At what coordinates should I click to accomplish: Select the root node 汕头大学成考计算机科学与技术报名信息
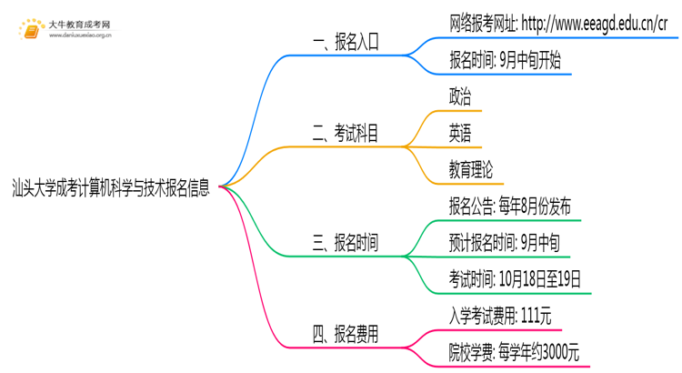tap(111, 189)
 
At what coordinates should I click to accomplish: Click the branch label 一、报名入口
tap(345, 41)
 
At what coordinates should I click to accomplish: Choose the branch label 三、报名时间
tap(345, 243)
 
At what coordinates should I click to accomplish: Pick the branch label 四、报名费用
tap(345, 335)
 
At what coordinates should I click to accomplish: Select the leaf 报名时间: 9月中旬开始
tap(505, 61)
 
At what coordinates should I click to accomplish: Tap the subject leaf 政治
tap(460, 97)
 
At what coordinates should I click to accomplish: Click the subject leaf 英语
tap(460, 134)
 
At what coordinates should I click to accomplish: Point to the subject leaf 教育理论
tap(471, 169)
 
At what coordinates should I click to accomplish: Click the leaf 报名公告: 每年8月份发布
tap(509, 207)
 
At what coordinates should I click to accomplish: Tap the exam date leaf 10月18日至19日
tap(514, 278)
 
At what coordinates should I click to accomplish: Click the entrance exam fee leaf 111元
tap(500, 316)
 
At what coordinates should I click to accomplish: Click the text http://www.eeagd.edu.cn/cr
tap(600, 24)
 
